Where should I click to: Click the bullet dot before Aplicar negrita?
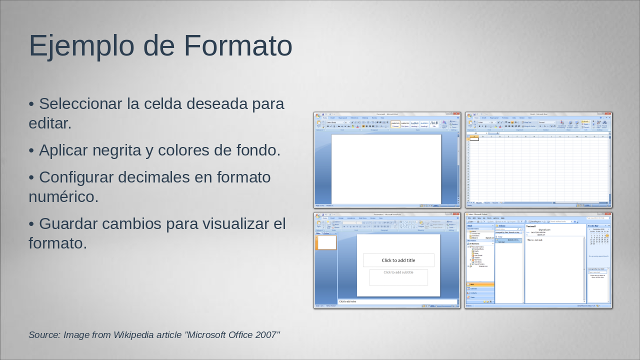click(31, 150)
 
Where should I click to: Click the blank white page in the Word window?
click(386, 169)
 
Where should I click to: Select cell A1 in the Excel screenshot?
click(474, 139)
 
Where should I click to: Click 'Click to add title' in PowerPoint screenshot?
click(398, 260)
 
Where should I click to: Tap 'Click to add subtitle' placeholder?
click(398, 272)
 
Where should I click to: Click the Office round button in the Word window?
click(318, 116)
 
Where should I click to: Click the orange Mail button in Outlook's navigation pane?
click(480, 284)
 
